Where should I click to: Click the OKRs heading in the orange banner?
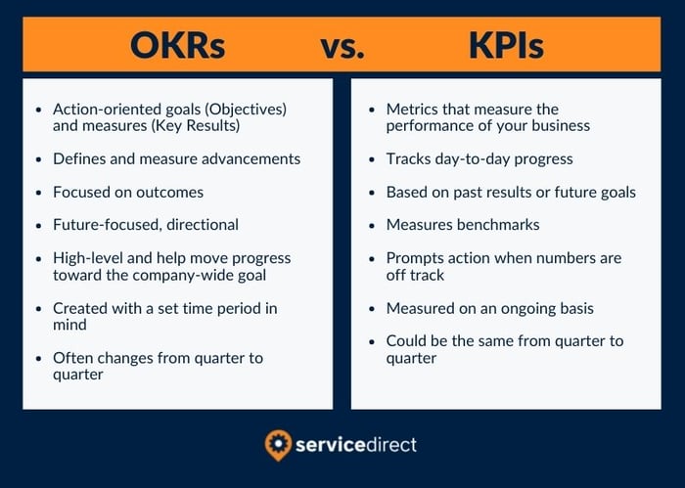(x=177, y=45)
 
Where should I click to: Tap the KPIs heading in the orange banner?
(x=506, y=45)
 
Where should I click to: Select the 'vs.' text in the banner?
(x=342, y=47)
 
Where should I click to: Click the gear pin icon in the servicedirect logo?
(x=278, y=445)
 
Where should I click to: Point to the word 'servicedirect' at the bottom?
(x=356, y=445)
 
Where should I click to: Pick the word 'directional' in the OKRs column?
(x=203, y=225)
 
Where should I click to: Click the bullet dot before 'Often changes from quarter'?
(x=39, y=359)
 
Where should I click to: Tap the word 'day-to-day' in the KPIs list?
(x=473, y=159)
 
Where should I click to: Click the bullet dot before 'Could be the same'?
(x=372, y=341)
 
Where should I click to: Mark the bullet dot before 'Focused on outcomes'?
(x=39, y=193)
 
